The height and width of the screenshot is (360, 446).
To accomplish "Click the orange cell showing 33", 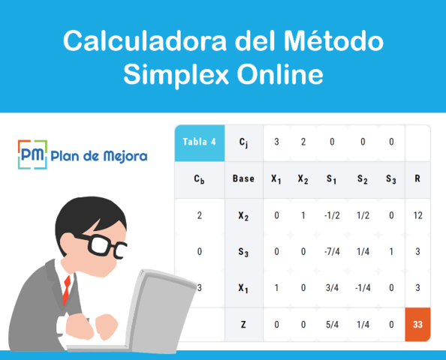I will pos(417,324).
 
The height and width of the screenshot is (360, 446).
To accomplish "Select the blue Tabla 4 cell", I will pos(199,142).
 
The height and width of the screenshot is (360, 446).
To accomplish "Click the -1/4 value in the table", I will pos(362,287).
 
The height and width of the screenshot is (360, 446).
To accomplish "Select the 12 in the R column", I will pos(417,215).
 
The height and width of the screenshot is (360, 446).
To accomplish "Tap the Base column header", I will pos(243,179).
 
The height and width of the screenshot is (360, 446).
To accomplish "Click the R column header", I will pos(417,179).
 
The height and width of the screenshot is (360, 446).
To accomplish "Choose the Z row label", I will pos(243,324).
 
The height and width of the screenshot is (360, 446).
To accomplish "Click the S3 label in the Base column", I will pos(243,252).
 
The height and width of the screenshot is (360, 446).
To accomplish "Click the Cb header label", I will pos(199,180).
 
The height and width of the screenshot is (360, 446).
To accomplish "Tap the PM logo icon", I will pos(32,155).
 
